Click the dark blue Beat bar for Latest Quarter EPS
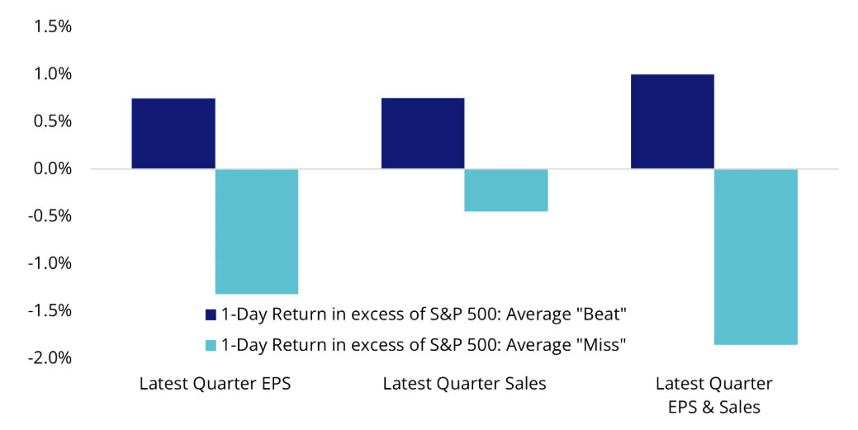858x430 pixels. pos(173,134)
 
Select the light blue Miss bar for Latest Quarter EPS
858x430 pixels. pos(257,231)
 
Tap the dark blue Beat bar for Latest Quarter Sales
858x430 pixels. pos(423,134)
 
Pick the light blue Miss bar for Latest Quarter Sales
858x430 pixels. pos(506,190)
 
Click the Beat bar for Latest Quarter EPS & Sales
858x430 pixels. pos(672,121)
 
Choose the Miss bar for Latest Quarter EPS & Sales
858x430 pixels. pos(756,257)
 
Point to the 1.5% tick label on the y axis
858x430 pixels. pos(53,26)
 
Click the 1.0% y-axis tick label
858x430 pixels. pos(53,73)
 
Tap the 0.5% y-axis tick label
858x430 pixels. pos(53,120)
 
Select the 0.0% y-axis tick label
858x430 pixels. pos(53,168)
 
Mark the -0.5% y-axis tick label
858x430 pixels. pos(50,215)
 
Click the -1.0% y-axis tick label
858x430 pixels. pos(50,263)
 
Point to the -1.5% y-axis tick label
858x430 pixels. pos(50,310)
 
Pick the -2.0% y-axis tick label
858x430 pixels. pos(50,358)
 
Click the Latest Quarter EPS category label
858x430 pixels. pos(215,384)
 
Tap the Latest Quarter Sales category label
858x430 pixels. pos(465,384)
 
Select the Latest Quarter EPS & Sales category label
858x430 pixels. pos(714,395)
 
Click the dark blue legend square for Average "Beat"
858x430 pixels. pos(211,314)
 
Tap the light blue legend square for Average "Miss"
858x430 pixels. pos(211,345)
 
